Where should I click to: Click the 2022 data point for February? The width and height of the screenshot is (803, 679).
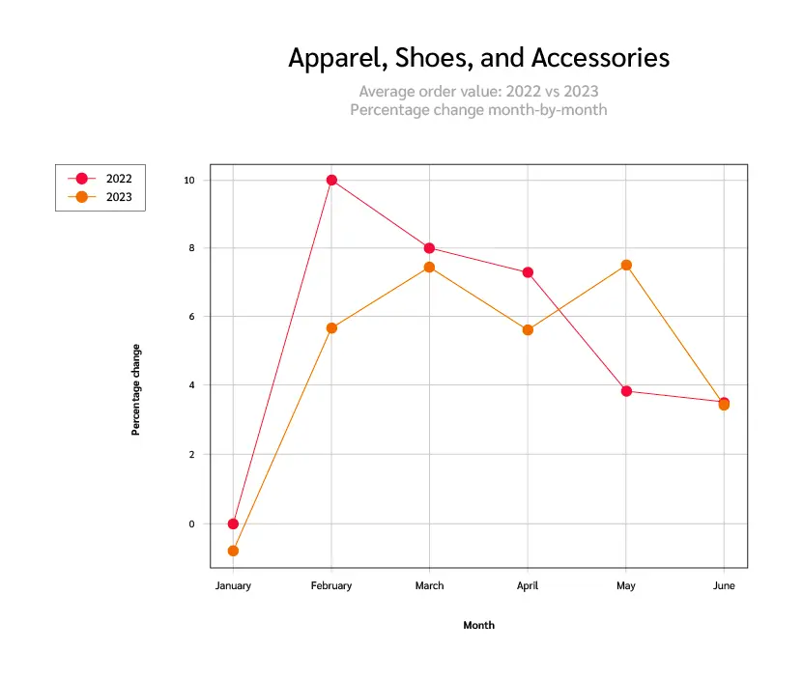331,180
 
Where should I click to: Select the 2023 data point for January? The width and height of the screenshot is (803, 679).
233,551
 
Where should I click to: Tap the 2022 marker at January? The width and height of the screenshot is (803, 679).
233,523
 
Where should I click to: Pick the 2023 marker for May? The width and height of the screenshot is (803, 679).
626,265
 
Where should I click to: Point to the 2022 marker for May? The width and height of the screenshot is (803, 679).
626,391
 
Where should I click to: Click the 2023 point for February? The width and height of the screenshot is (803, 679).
331,328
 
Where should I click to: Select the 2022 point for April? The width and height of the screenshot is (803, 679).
528,272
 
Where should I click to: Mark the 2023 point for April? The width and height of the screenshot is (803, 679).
528,330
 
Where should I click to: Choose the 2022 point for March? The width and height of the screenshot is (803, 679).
429,248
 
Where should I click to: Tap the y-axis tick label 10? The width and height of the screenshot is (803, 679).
188,180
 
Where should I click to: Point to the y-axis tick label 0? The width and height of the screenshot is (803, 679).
191,523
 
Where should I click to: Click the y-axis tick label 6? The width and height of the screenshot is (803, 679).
191,317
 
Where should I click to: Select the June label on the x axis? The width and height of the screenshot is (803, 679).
724,586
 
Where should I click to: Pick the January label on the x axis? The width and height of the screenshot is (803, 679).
233,586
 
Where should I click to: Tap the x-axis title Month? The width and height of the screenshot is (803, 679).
478,626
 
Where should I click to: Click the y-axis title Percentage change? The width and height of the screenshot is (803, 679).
136,389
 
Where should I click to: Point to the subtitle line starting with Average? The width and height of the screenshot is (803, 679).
478,92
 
